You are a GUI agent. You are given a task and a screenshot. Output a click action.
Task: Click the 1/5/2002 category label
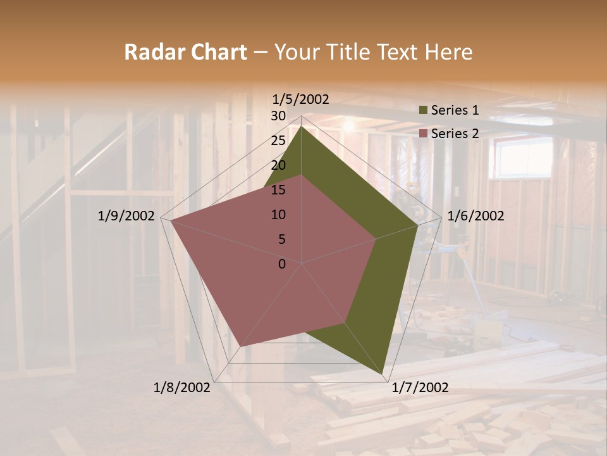[300, 99]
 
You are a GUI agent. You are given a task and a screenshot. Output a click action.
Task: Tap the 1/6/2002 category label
[475, 216]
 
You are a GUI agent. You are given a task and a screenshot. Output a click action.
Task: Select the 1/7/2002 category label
[420, 388]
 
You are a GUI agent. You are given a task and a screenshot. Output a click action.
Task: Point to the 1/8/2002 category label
[182, 388]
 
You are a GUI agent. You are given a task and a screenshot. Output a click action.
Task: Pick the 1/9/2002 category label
[126, 216]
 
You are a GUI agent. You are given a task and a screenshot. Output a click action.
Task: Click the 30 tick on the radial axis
[278, 116]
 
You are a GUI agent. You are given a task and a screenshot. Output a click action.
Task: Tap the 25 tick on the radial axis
[278, 141]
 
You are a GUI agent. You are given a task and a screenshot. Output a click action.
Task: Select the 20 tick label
[278, 165]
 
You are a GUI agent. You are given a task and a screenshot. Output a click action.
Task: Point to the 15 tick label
[278, 190]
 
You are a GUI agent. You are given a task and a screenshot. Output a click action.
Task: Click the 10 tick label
[278, 215]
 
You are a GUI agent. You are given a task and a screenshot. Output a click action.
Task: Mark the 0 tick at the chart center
[282, 264]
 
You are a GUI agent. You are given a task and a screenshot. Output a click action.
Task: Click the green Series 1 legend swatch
[423, 111]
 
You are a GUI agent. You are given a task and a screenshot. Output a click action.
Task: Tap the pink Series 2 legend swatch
[423, 134]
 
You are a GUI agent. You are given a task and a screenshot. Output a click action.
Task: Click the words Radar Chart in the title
[185, 52]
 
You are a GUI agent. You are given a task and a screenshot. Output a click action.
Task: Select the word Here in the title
[448, 52]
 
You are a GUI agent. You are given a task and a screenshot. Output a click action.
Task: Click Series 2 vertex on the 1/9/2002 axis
[171, 221]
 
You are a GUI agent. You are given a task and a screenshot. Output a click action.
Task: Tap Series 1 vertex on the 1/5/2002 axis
[302, 127]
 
